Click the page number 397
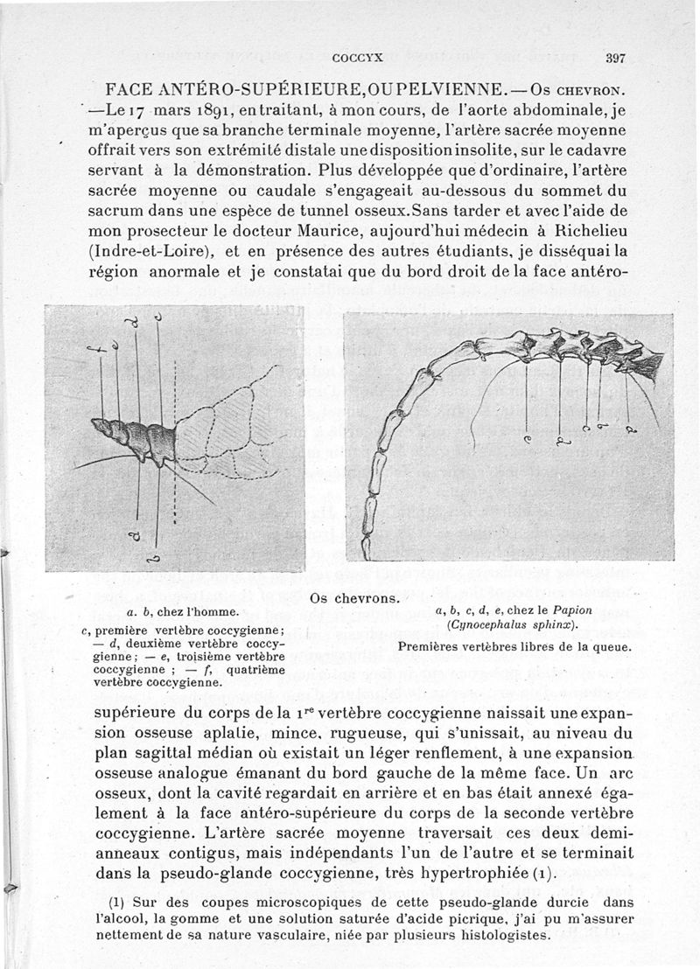pos(615,59)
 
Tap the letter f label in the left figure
pos(103,346)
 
